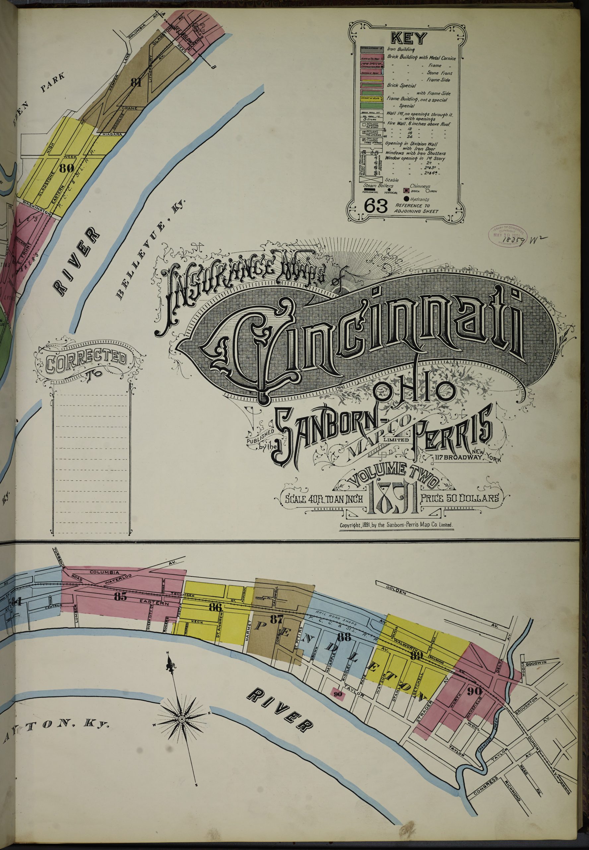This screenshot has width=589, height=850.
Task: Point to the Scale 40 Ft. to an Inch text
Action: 323,499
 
